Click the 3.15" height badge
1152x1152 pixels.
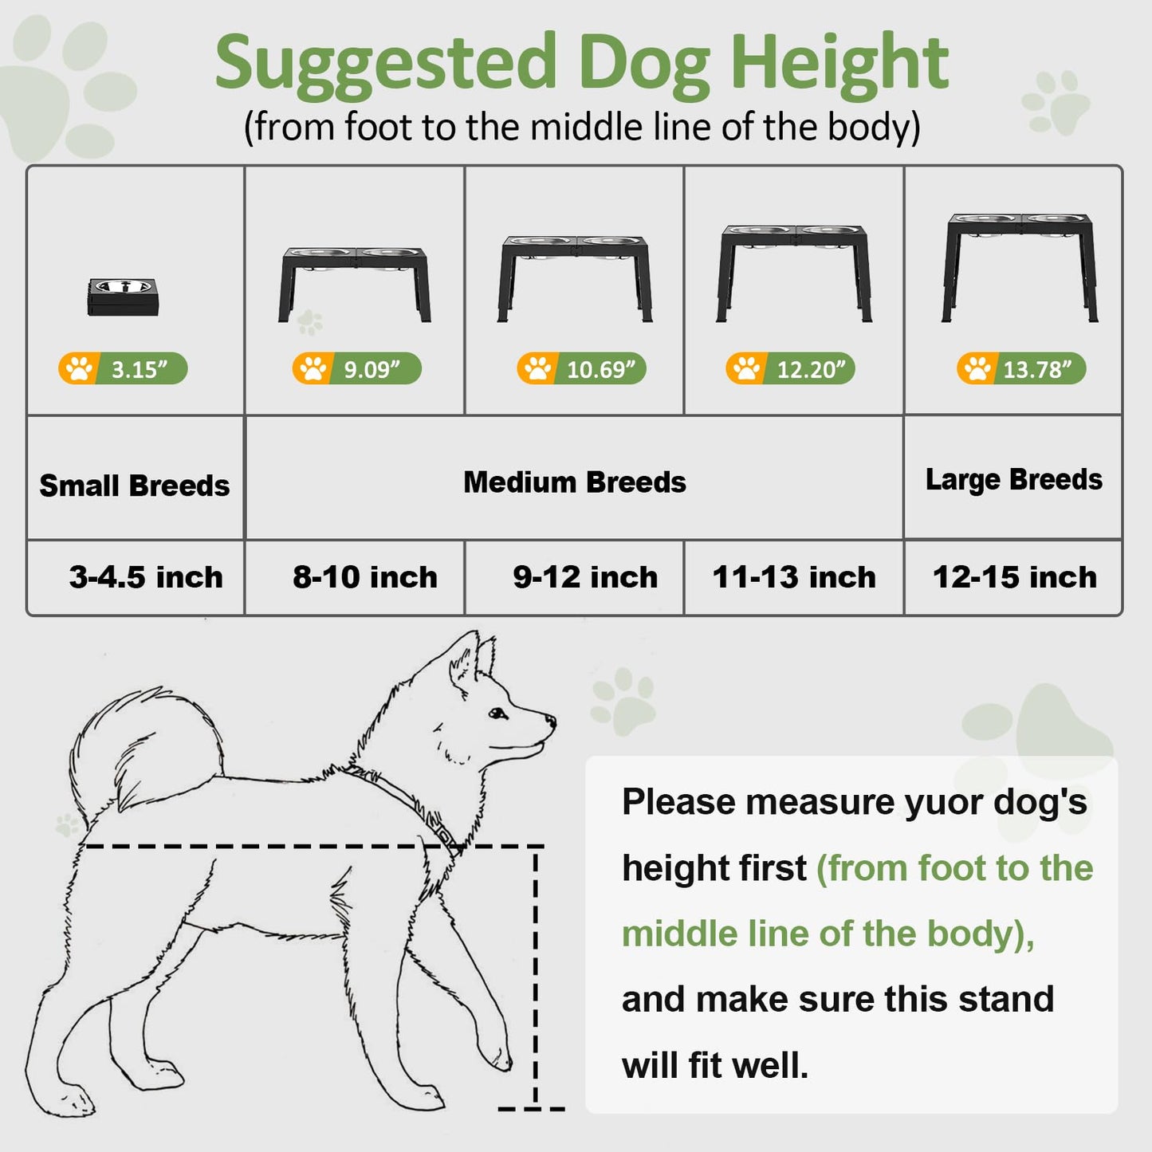coord(123,368)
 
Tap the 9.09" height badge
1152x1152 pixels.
coord(357,368)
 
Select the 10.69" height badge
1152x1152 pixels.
coord(582,368)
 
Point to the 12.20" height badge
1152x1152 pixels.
coord(790,368)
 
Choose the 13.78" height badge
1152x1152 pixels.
coord(1022,368)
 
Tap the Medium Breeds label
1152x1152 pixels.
coord(575,482)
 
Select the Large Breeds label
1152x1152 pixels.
coord(1014,479)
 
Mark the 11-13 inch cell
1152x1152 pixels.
coord(794,577)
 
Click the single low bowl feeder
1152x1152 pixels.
coord(123,297)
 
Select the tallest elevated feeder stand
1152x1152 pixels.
coord(1020,268)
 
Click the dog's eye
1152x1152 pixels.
coord(497,714)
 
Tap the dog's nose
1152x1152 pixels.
coord(551,721)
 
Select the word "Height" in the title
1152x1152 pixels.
coord(839,63)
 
